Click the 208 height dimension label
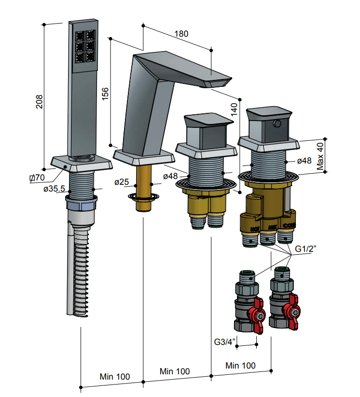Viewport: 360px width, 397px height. point(40,102)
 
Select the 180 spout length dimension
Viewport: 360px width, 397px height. point(181,34)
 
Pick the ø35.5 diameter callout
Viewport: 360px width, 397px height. point(54,189)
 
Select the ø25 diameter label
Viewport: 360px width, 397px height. point(122,182)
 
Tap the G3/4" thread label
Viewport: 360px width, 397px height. point(225,342)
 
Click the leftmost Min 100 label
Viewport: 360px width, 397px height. point(114,376)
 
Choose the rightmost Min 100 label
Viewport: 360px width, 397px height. point(241,365)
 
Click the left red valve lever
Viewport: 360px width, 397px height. point(255,316)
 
